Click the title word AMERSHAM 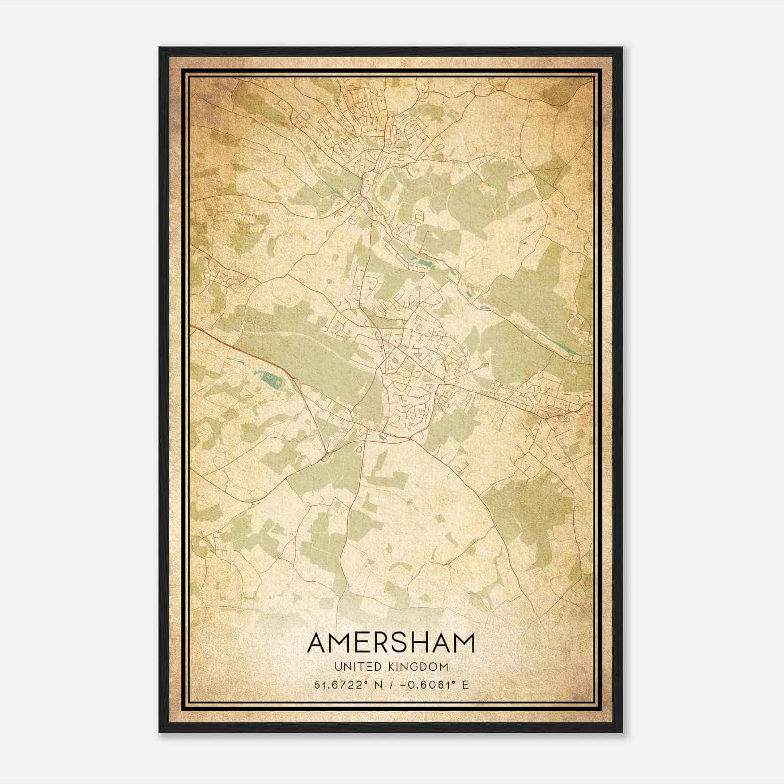click(x=391, y=642)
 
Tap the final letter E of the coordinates click(x=465, y=685)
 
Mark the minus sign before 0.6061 click(x=404, y=685)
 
